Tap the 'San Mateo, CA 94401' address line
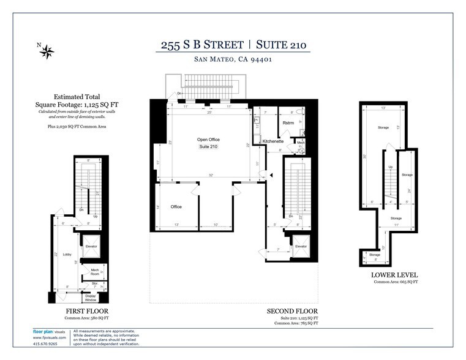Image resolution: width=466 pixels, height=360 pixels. click(x=233, y=59)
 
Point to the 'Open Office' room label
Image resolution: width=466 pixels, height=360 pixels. click(x=208, y=140)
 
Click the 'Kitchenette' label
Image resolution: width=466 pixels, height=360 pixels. click(x=272, y=141)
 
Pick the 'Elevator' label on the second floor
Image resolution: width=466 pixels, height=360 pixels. click(x=301, y=247)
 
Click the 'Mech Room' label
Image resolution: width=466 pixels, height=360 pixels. click(x=95, y=271)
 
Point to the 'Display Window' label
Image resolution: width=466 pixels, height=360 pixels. click(x=91, y=298)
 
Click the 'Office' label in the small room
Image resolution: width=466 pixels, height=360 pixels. click(x=176, y=207)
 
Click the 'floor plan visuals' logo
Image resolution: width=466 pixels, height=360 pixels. click(x=49, y=332)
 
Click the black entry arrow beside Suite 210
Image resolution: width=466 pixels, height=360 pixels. click(x=272, y=175)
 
